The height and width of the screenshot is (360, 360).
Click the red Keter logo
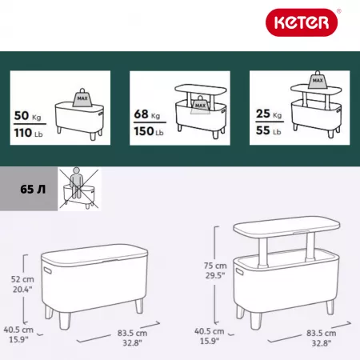(302, 22)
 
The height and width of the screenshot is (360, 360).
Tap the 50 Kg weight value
(28, 116)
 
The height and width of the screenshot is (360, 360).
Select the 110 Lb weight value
(28, 133)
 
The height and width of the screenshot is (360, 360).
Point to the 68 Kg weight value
(147, 114)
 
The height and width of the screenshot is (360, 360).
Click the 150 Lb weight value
(149, 131)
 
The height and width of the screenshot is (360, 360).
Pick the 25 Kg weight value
(269, 114)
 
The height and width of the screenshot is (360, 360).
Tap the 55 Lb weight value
(269, 130)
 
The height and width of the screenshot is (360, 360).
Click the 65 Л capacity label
(33, 190)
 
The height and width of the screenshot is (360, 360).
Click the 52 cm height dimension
(22, 279)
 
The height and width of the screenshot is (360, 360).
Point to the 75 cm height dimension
(215, 266)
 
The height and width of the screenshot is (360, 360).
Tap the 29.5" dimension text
(215, 275)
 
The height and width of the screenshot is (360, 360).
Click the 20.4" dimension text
(22, 289)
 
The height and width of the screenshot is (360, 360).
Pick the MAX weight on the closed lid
(82, 98)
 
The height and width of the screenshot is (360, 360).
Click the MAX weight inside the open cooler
(200, 105)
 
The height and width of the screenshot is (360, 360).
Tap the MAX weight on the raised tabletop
(318, 80)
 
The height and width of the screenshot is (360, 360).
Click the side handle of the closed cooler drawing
(48, 270)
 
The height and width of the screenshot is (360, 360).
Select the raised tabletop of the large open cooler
(286, 226)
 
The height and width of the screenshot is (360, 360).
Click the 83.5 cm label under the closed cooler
(132, 333)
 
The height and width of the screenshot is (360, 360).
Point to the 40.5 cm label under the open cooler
(210, 331)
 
